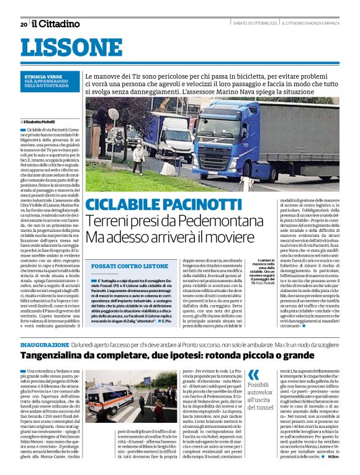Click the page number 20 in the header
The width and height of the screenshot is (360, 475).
point(24,24)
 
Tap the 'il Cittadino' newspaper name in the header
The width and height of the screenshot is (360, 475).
point(56,24)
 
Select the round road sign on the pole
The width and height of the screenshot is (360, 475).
point(114,115)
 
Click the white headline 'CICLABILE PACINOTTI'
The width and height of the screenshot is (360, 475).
point(155,204)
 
